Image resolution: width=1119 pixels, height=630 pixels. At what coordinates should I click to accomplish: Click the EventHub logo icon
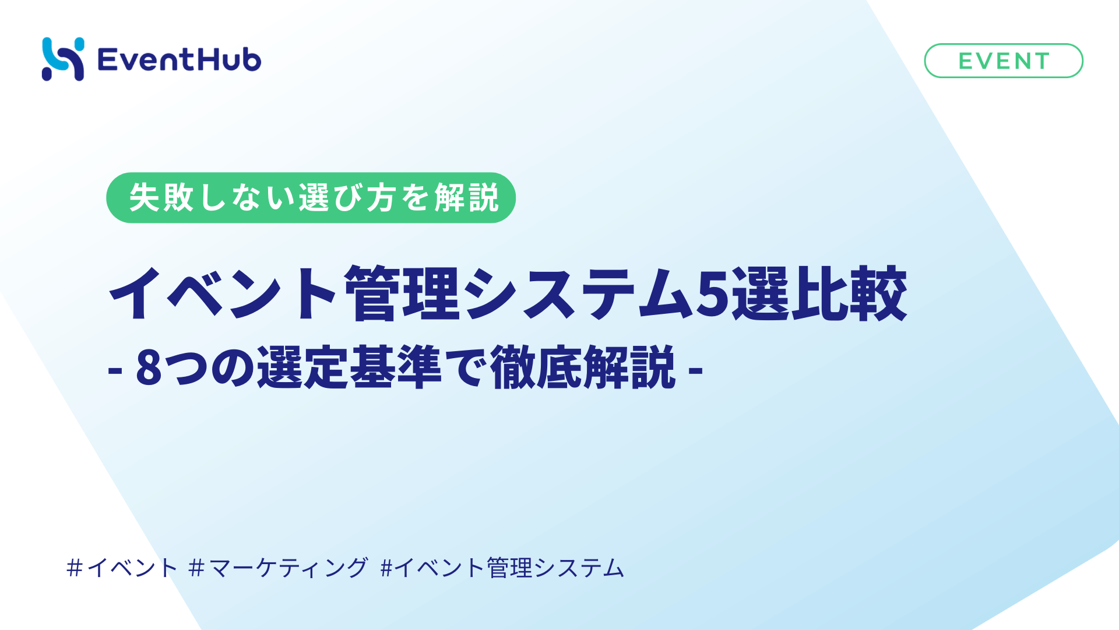(63, 59)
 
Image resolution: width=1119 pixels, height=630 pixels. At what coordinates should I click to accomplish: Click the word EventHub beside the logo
(180, 60)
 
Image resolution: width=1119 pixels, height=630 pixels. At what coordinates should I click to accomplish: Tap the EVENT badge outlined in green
(1003, 61)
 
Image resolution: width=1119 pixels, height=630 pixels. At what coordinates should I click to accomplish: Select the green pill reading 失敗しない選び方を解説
(311, 198)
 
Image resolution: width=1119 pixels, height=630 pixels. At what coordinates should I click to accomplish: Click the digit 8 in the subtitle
(149, 367)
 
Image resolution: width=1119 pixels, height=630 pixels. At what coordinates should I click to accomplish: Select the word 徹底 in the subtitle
(536, 367)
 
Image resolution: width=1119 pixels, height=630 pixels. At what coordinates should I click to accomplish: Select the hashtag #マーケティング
(279, 568)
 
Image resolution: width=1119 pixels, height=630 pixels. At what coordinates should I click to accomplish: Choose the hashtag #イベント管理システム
(502, 568)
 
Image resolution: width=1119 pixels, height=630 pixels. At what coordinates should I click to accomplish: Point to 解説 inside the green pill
(466, 198)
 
